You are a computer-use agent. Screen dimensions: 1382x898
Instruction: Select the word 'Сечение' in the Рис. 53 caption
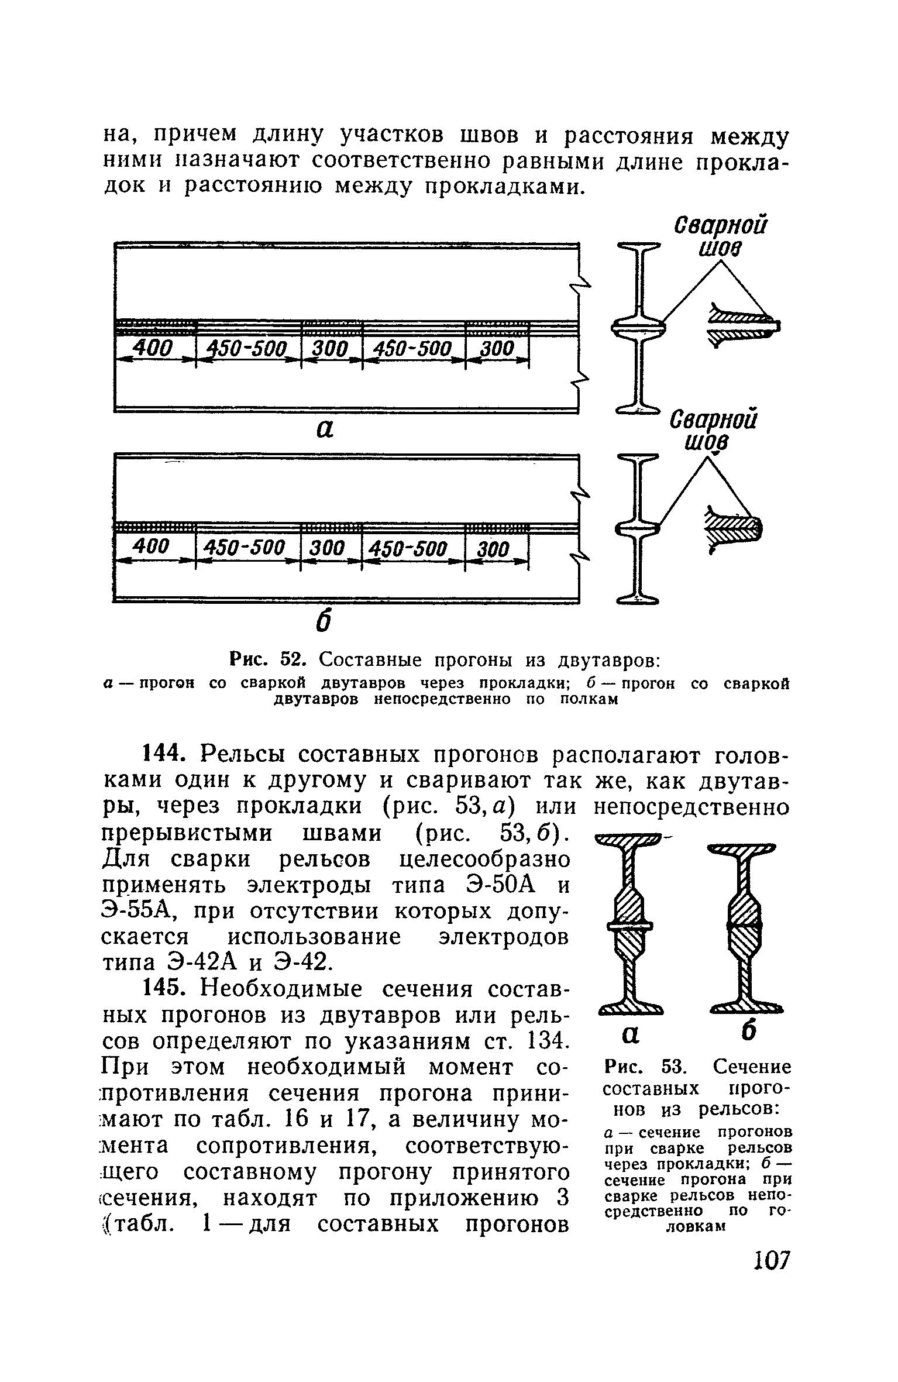752,1068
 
